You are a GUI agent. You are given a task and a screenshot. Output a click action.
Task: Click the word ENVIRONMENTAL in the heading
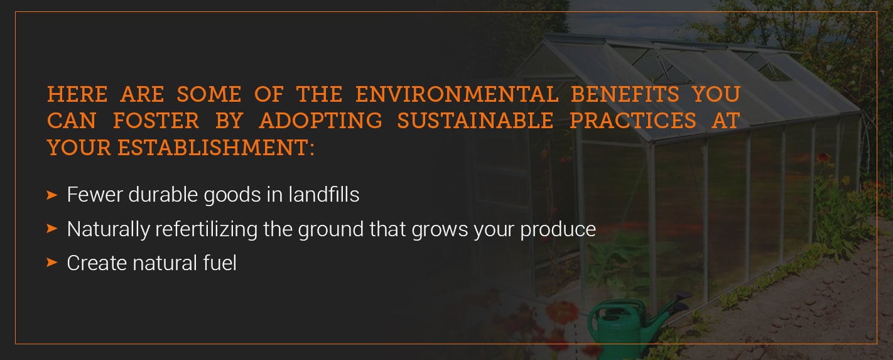pyautogui.click(x=457, y=94)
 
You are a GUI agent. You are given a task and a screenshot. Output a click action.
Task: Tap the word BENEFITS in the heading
pyautogui.click(x=625, y=94)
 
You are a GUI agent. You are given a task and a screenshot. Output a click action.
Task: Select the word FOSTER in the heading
pyautogui.click(x=156, y=121)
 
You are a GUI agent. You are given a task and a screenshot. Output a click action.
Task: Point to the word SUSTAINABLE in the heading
pyautogui.click(x=475, y=121)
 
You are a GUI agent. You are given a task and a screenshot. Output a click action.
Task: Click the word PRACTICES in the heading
pyautogui.click(x=632, y=121)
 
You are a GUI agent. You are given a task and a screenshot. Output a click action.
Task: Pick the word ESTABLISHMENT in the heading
pyautogui.click(x=215, y=148)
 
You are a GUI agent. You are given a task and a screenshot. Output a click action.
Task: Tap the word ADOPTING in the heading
pyautogui.click(x=320, y=121)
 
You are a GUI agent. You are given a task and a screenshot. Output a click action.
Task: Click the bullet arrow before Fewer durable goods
pyautogui.click(x=52, y=195)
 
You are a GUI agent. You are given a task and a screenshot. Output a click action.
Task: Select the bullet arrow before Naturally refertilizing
pyautogui.click(x=52, y=229)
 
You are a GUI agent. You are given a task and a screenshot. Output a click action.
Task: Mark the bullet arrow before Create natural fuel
pyautogui.click(x=52, y=263)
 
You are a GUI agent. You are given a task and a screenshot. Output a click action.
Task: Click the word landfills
pyautogui.click(x=323, y=195)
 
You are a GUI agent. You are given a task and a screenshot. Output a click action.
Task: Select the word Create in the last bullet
pyautogui.click(x=97, y=263)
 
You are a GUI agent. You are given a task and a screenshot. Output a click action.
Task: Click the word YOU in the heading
pyautogui.click(x=716, y=94)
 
